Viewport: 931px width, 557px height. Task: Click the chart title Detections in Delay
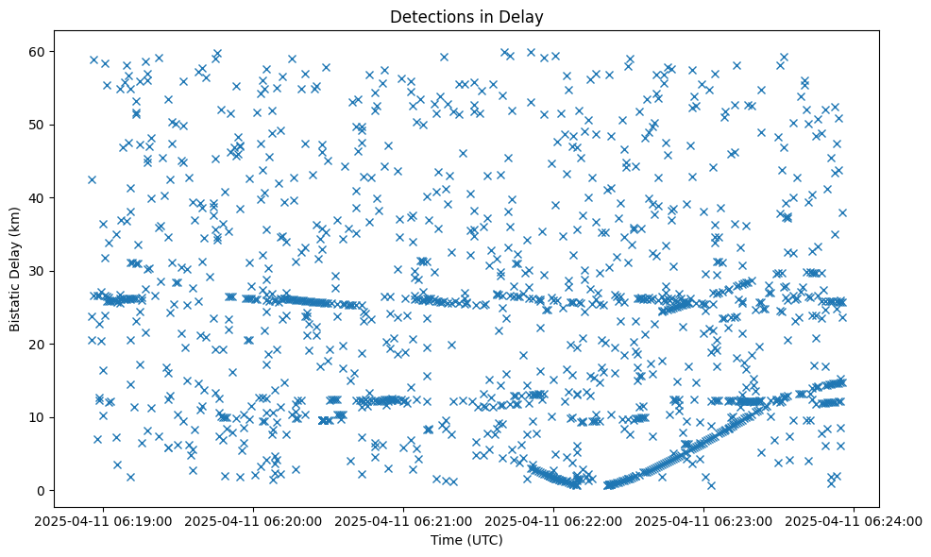click(x=466, y=16)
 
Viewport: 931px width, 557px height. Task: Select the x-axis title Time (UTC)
click(x=466, y=541)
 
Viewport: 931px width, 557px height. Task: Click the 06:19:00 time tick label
click(x=104, y=520)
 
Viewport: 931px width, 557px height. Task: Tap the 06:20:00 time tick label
click(x=254, y=520)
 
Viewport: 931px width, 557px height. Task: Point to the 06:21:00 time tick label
click(x=404, y=520)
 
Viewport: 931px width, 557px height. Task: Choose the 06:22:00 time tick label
click(x=554, y=520)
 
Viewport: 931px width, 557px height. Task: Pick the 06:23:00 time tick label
click(x=704, y=520)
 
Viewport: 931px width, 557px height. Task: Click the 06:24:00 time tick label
click(x=855, y=520)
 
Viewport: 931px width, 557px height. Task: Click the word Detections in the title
click(x=429, y=16)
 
